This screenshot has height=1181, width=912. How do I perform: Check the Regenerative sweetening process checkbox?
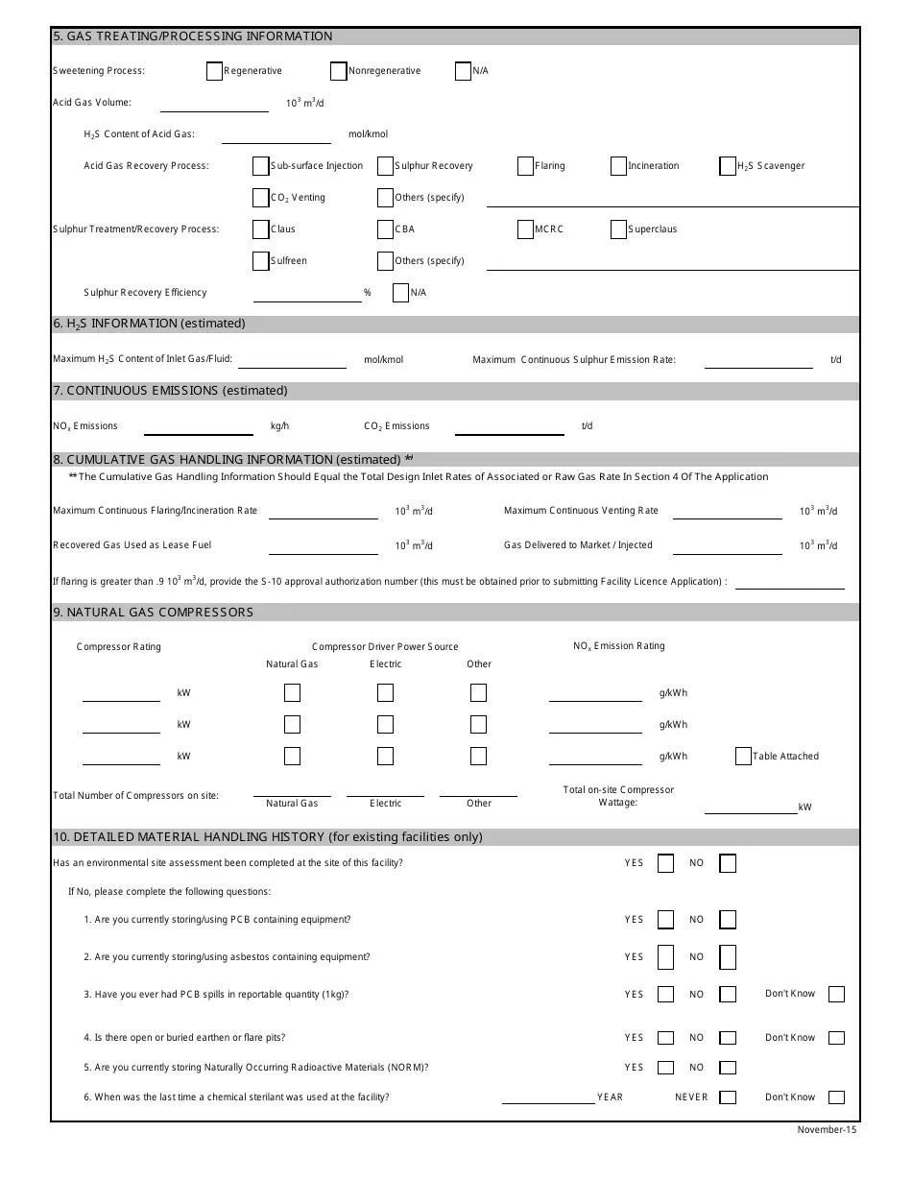214,71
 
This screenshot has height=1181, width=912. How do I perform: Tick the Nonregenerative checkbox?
338,71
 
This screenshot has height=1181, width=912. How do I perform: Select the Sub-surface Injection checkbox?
260,166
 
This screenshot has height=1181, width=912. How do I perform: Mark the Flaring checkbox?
525,166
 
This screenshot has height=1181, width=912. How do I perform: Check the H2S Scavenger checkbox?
728,166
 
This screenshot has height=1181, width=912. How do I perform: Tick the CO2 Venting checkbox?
260,198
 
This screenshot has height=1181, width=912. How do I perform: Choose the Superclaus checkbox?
618,229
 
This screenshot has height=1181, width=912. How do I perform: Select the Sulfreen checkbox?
260,261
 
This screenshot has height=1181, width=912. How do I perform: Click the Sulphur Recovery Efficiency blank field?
306,294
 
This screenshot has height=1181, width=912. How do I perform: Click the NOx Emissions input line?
198,427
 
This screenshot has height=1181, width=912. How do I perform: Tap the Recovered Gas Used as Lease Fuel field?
323,546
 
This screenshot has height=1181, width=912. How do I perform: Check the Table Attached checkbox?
743,757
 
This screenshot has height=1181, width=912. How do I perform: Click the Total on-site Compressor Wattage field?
750,807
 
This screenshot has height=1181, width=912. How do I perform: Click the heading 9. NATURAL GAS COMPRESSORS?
154,613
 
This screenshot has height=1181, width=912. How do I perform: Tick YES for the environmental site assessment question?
665,863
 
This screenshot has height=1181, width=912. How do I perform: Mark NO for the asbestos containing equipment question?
728,957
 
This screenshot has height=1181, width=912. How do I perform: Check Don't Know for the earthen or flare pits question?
836,1038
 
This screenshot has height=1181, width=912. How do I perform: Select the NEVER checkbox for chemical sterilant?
728,1097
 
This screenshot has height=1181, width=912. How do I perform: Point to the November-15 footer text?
826,1129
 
